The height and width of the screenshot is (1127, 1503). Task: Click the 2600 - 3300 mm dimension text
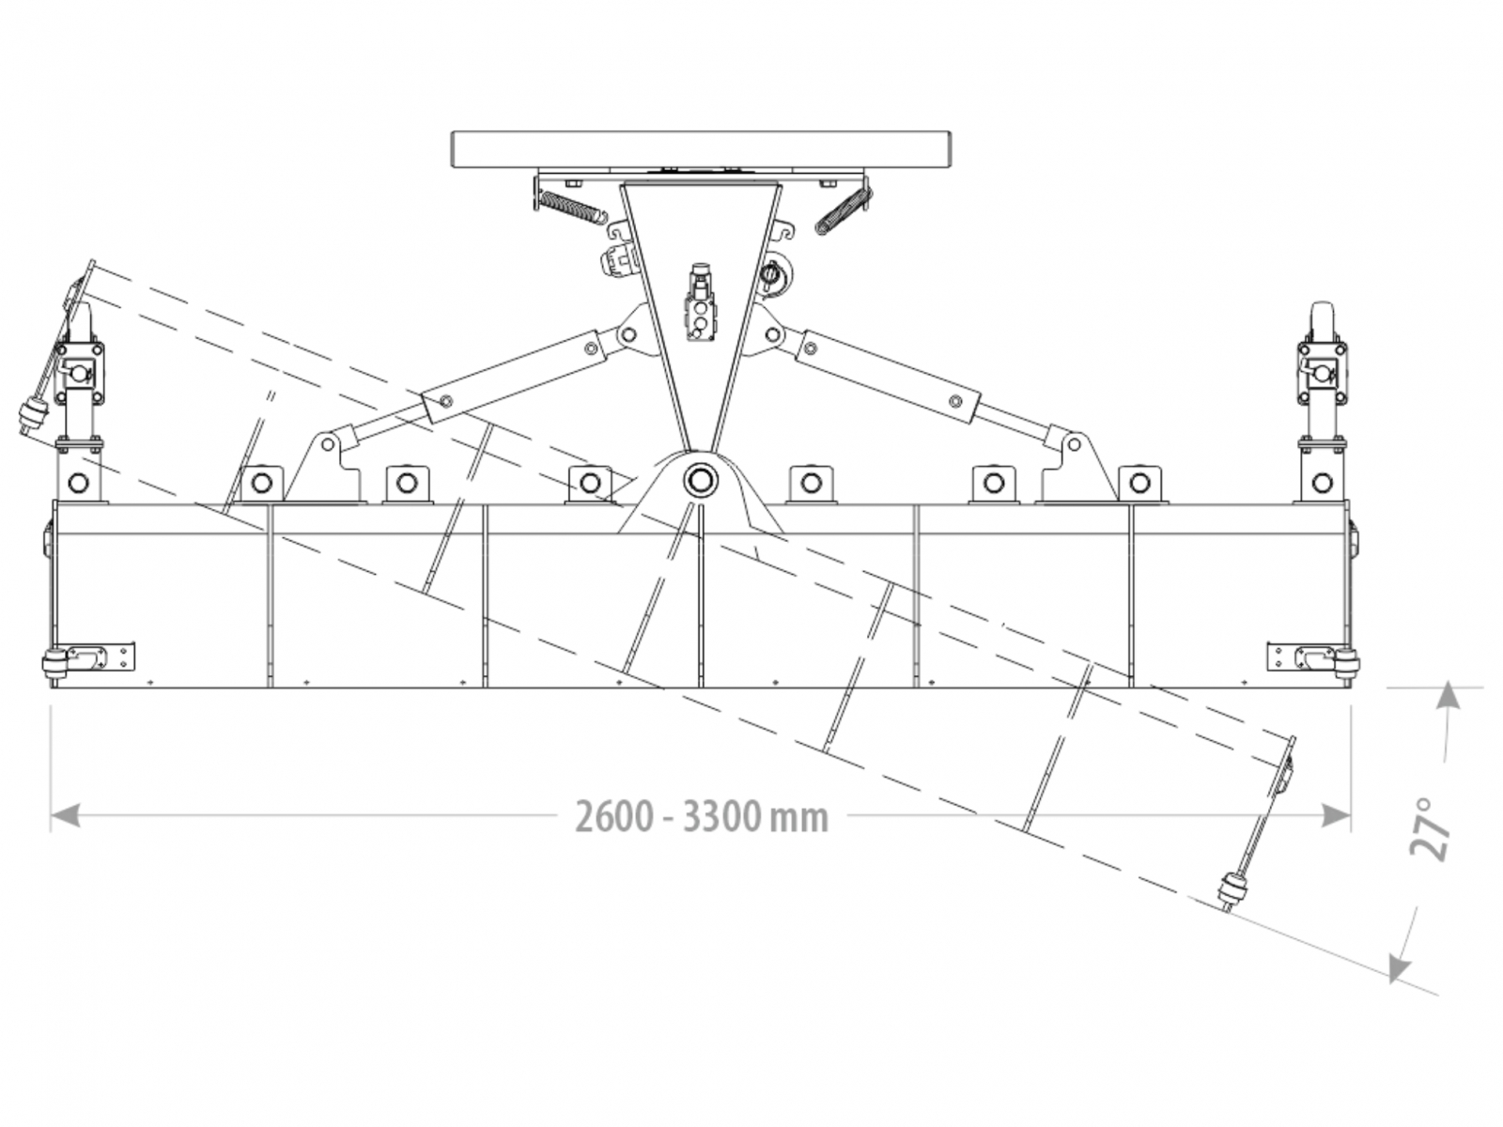pyautogui.click(x=702, y=817)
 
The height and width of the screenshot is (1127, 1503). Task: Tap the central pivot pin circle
pyautogui.click(x=700, y=482)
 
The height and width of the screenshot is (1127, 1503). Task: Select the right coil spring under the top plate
pyautogui.click(x=842, y=209)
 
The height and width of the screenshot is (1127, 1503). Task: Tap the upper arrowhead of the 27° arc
pyautogui.click(x=1449, y=696)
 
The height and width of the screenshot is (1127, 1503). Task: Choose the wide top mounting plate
pyautogui.click(x=702, y=150)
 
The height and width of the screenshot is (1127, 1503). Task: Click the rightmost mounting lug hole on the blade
pyautogui.click(x=1322, y=484)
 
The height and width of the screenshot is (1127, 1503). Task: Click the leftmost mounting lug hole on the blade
pyautogui.click(x=79, y=484)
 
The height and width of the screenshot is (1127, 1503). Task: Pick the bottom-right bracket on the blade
pyautogui.click(x=1313, y=657)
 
